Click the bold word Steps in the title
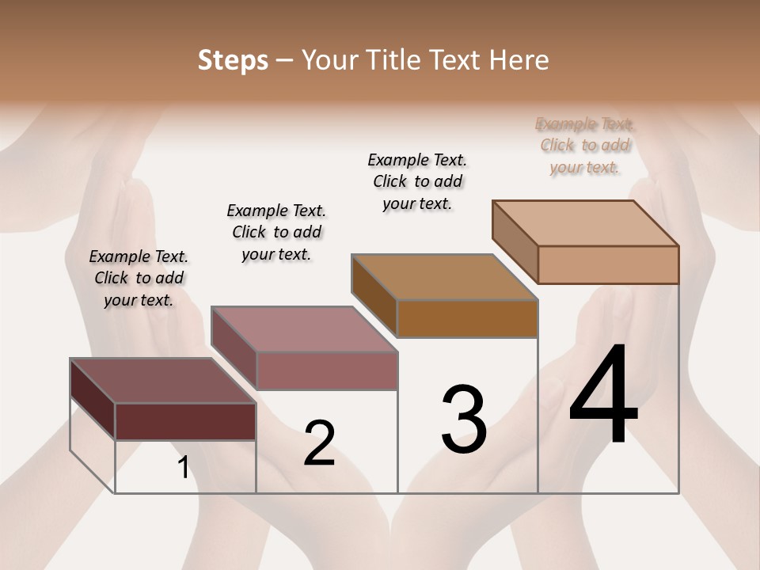click(233, 60)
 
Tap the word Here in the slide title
click(519, 60)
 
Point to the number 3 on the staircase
click(464, 420)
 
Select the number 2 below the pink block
click(319, 443)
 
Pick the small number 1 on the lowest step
click(183, 468)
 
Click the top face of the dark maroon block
click(163, 381)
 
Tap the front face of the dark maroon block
click(185, 422)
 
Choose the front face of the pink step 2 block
click(327, 371)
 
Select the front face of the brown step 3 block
click(467, 318)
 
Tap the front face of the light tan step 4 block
click(608, 264)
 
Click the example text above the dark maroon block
click(139, 278)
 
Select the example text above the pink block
click(276, 232)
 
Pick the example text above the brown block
click(417, 181)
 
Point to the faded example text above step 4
click(585, 146)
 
